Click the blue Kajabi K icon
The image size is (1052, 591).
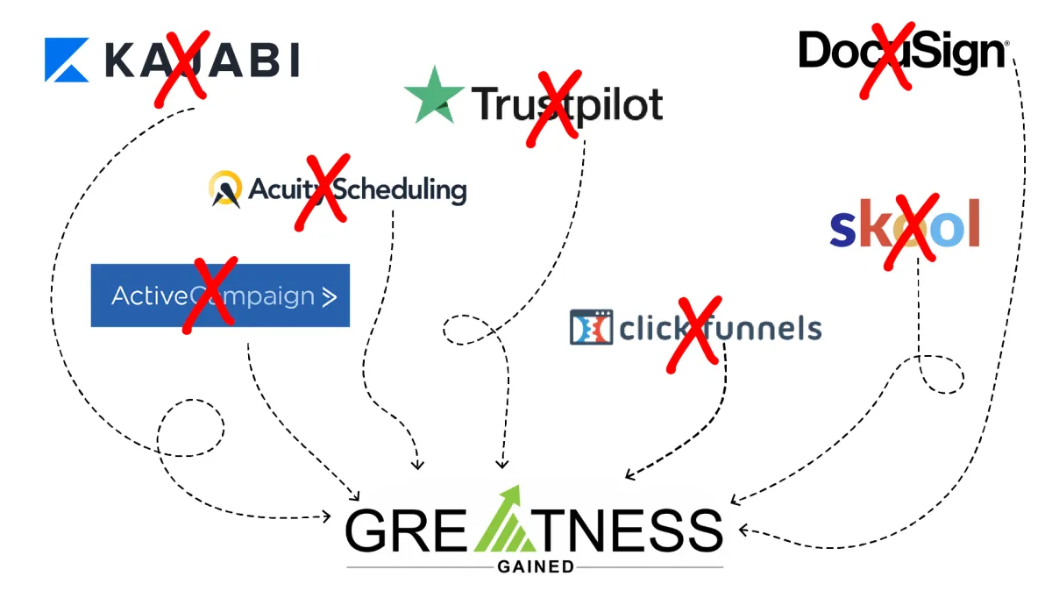point(67,60)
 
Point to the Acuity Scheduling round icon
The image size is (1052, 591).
point(225,189)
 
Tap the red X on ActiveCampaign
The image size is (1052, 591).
point(208,295)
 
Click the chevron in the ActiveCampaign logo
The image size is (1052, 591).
point(329,296)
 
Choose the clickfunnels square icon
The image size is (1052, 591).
point(591,327)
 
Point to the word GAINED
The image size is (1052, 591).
point(535,566)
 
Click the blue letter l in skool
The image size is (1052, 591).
point(970,224)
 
